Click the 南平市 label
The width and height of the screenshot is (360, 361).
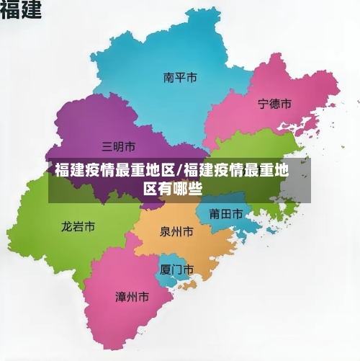(x=180, y=77)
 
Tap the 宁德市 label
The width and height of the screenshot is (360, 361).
(x=274, y=104)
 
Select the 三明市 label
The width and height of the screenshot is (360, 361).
(x=119, y=146)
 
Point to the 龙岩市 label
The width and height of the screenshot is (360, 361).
(x=78, y=226)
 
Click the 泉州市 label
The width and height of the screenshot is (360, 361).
(x=176, y=232)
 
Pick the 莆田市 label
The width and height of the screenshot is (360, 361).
(x=225, y=213)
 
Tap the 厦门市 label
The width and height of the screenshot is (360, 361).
(x=176, y=269)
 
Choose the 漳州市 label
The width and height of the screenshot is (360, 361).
(x=132, y=296)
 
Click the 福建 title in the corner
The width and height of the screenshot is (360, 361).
(x=20, y=11)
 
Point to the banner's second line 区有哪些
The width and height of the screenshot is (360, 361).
(x=172, y=189)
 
